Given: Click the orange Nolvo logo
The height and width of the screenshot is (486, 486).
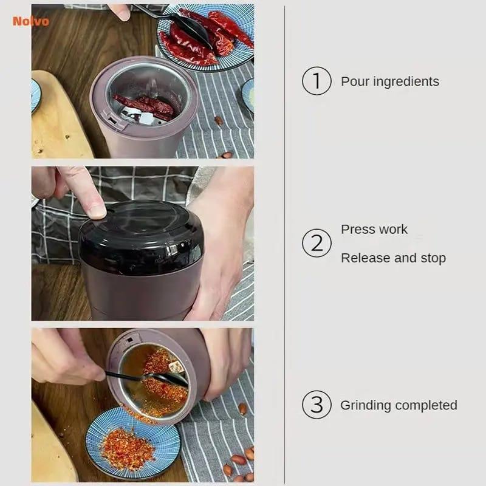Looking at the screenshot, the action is point(31,21).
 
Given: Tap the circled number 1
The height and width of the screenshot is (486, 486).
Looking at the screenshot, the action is point(317,81).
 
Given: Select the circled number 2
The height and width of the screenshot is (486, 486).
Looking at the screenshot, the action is point(317,243).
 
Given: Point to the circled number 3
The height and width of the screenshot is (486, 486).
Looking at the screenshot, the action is point(317,405).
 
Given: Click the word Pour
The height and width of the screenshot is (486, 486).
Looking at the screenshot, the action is point(355,81).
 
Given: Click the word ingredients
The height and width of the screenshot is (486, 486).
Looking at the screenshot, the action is point(406,82).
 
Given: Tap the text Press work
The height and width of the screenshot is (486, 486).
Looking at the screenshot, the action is point(374,230).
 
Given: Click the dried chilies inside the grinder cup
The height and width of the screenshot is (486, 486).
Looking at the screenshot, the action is point(146,107).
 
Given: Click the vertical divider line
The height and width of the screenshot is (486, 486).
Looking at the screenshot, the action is point(284,244).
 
